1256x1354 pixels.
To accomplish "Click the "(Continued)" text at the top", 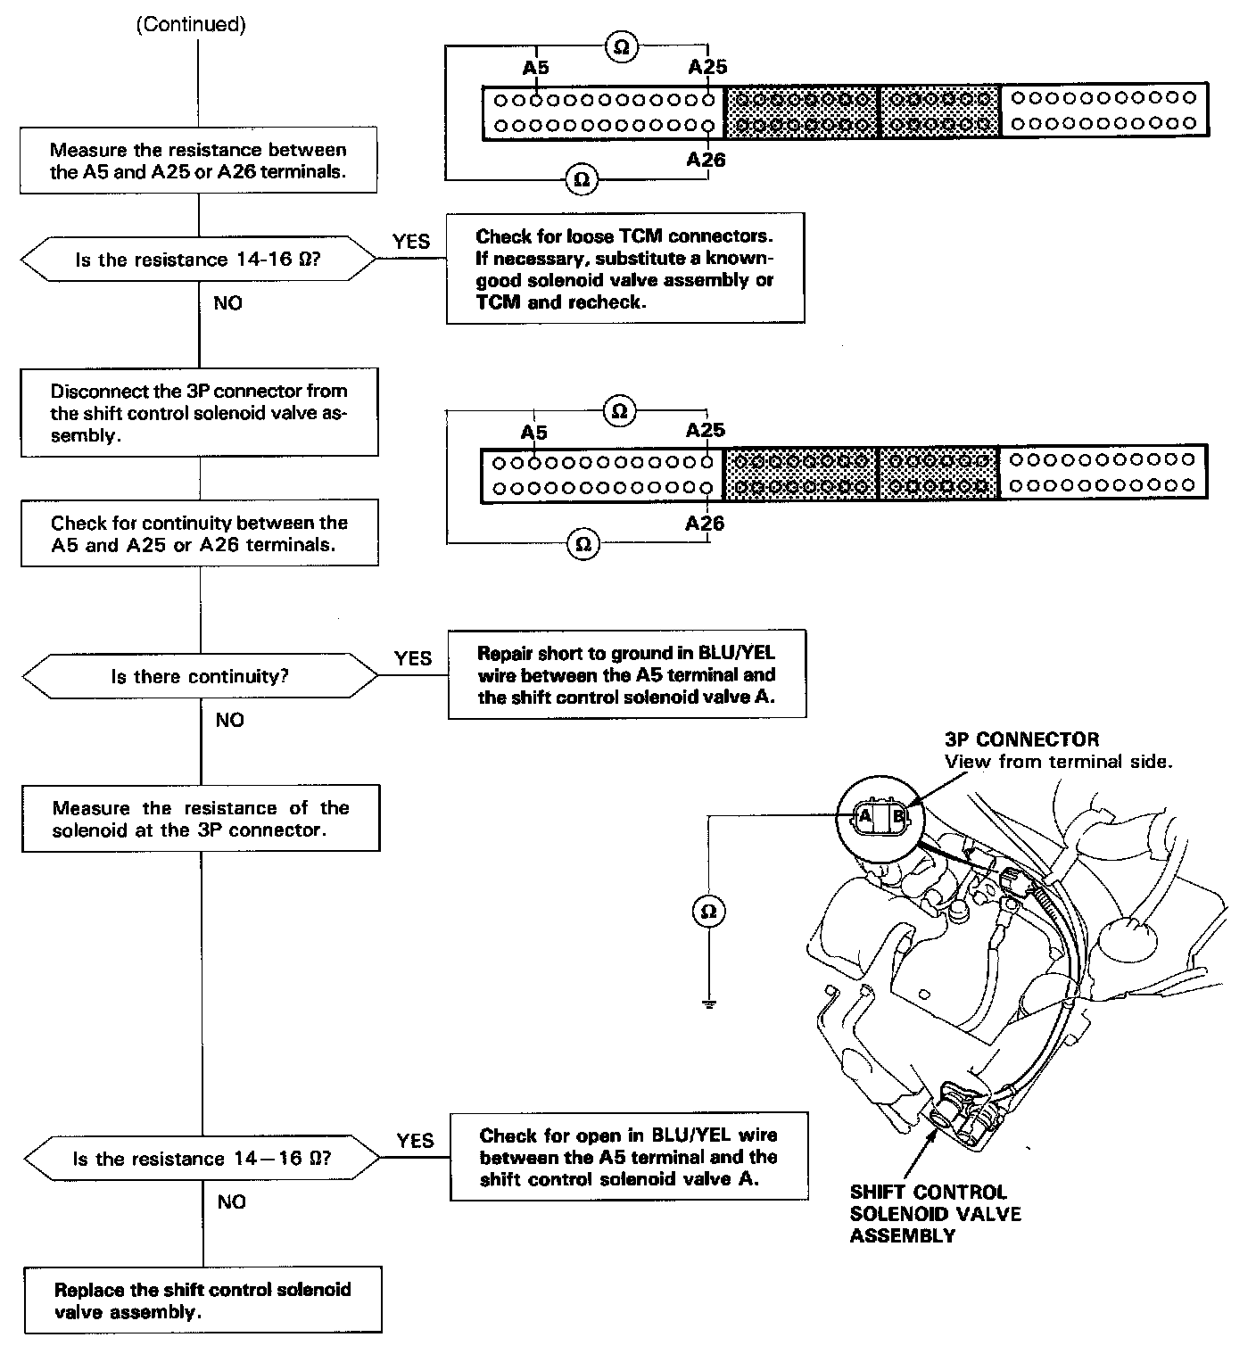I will (x=190, y=24).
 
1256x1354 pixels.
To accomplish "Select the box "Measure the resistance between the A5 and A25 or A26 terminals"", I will (x=198, y=161).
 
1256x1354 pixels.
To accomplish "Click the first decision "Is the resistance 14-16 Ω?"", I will (x=198, y=260).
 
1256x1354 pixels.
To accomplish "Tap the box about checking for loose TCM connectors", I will (x=624, y=268).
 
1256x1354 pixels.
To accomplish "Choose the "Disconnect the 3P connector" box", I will (x=199, y=413).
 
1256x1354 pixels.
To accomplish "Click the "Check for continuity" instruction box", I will (x=199, y=533).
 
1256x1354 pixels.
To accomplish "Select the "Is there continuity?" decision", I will (x=200, y=676).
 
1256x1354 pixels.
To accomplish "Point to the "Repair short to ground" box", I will (x=626, y=675).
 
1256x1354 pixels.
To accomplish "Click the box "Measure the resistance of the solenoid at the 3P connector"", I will (x=201, y=819).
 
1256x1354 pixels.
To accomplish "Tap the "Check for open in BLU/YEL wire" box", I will (x=629, y=1157).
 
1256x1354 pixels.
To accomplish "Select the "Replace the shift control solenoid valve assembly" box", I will (x=202, y=1300).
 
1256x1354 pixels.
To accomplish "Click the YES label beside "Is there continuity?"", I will (x=413, y=658).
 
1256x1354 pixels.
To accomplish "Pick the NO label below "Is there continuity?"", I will (x=229, y=720).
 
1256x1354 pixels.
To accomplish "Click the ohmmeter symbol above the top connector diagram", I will (x=622, y=47).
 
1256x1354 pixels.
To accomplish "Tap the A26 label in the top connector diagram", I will (x=706, y=160).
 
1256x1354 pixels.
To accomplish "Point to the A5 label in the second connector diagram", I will (x=533, y=433).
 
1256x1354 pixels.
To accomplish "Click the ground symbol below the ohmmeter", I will (x=708, y=1004).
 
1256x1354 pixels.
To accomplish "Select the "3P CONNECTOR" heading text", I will (x=1021, y=739).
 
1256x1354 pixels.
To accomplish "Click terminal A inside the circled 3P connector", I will (x=864, y=815).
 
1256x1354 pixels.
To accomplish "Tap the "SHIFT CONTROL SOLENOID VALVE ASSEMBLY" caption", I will (x=936, y=1214).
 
